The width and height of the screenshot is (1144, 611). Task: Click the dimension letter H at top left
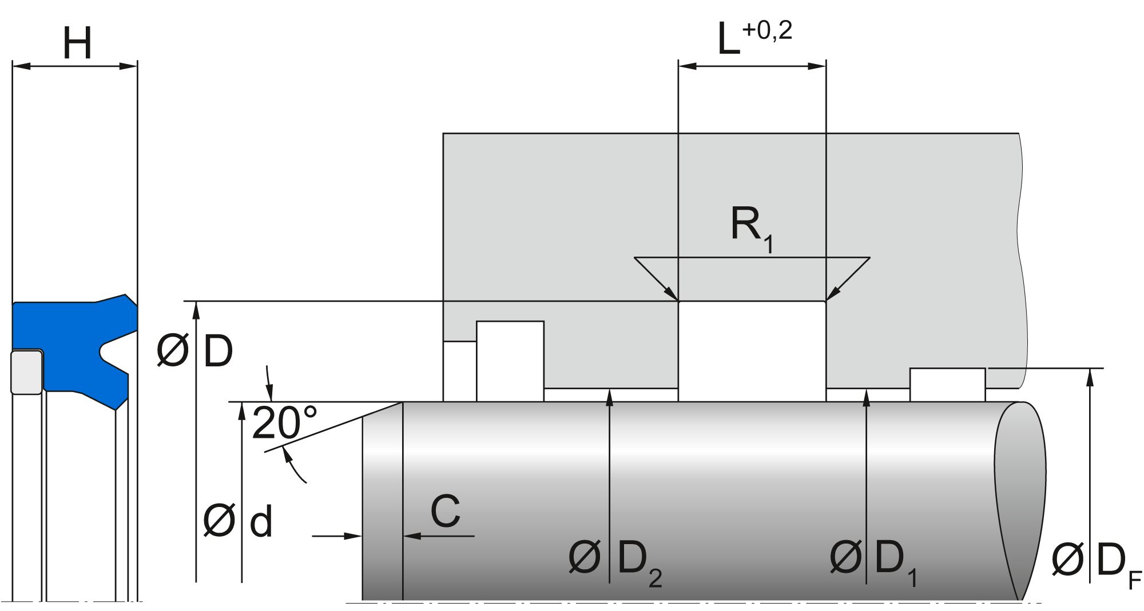click(77, 43)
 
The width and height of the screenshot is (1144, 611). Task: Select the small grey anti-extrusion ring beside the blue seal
click(26, 372)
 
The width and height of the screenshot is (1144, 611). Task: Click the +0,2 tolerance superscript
click(767, 30)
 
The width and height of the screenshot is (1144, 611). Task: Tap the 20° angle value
click(284, 423)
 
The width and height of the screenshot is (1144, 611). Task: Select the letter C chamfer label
click(445, 512)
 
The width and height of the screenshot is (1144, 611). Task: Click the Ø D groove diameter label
click(195, 351)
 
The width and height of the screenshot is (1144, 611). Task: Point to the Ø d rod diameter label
click(237, 521)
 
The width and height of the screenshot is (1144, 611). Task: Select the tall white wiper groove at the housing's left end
click(510, 361)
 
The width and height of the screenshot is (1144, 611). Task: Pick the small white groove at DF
click(947, 385)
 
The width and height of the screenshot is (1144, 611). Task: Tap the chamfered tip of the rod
click(383, 503)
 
